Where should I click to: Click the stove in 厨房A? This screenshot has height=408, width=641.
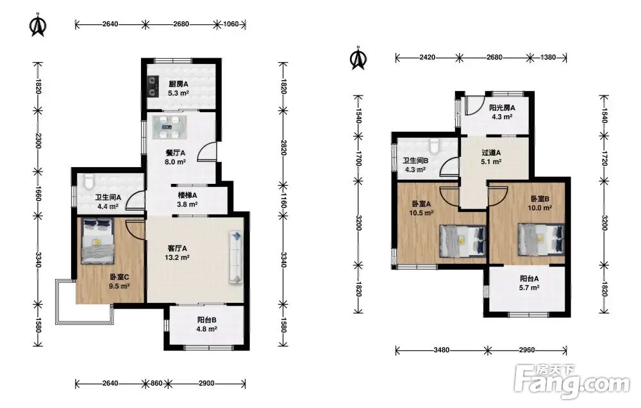[153, 86]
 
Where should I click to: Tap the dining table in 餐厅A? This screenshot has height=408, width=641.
[170, 127]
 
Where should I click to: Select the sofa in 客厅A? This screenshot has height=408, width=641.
[236, 257]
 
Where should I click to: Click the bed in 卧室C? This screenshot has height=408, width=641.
[97, 241]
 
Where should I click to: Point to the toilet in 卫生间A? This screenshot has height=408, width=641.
[88, 181]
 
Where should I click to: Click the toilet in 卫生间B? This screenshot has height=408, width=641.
[434, 146]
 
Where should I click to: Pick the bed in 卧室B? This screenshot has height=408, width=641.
[540, 240]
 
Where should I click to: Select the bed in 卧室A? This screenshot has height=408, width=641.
[462, 241]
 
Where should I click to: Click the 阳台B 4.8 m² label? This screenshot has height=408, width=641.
[206, 325]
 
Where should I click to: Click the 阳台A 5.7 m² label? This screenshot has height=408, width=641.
[529, 283]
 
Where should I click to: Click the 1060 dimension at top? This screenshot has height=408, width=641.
[231, 24]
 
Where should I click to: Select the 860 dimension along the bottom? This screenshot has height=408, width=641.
[156, 384]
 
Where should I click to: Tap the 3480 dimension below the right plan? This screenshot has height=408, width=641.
[442, 350]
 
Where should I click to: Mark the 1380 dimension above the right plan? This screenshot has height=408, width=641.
[548, 58]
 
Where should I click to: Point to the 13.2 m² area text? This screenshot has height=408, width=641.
[177, 257]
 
